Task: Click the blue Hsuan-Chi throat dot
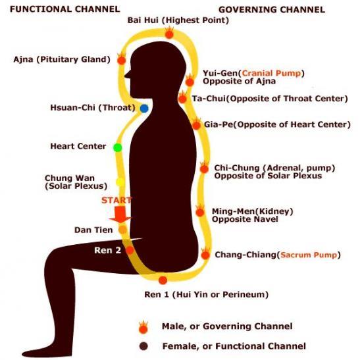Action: (144, 109)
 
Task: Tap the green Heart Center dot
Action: (118, 147)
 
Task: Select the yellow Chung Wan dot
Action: (120, 182)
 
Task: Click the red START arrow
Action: (120, 214)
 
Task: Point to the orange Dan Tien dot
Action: (122, 230)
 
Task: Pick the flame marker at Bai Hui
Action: (169, 33)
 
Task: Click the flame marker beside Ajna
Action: (122, 59)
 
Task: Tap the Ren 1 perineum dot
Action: (163, 280)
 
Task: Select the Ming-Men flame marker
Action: (200, 211)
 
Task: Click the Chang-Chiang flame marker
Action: (205, 253)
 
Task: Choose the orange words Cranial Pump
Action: (271, 73)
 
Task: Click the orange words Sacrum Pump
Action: (309, 255)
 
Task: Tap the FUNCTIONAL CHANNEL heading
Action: (65, 9)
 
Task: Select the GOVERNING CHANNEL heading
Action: (272, 10)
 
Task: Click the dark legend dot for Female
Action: (143, 346)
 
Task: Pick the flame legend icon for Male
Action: (143, 327)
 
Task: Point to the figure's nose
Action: (127, 74)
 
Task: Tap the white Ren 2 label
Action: (107, 250)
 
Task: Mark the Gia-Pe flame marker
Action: (196, 124)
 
